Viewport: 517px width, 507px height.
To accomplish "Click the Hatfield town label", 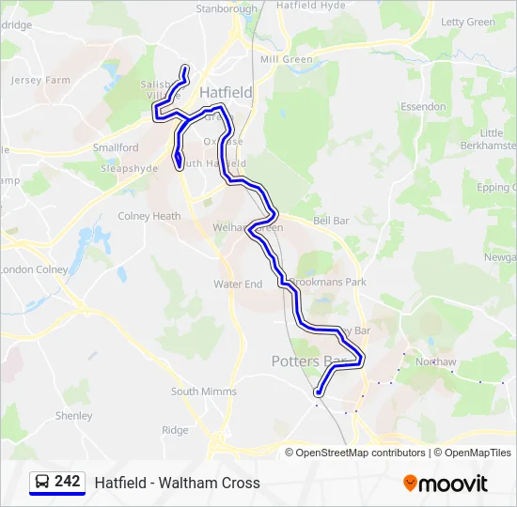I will point(226,92).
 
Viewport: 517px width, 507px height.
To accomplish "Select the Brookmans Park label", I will point(328,282).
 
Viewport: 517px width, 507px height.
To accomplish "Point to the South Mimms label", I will point(204,392).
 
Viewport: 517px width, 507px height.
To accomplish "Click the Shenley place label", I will point(74,416).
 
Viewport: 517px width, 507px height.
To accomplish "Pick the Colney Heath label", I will point(149,216).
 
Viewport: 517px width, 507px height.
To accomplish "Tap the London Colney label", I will point(35,269).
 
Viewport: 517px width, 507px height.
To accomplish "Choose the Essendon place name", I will point(423,107).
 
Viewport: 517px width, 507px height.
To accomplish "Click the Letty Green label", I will point(468,22).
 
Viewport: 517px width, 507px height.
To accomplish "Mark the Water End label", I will point(238,284).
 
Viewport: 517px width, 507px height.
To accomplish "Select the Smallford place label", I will point(116,148).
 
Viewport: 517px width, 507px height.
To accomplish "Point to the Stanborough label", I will point(227,9).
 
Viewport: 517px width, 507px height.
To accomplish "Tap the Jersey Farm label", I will point(40,81).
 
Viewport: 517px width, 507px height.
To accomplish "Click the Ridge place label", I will point(175,430).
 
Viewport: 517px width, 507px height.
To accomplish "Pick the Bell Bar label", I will point(331,221).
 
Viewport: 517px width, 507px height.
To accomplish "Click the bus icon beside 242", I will point(42,483).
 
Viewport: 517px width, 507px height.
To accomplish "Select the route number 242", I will point(68,482).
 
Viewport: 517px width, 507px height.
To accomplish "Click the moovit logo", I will point(446,484).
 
